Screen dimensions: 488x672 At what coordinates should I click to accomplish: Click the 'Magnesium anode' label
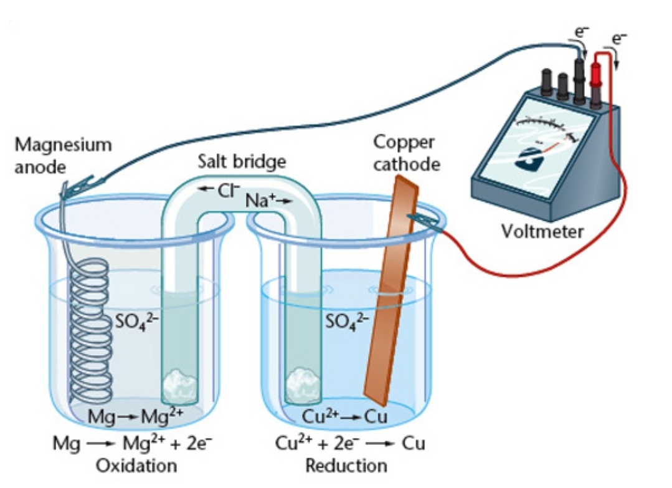click(64, 155)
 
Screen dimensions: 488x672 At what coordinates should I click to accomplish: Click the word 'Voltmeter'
click(543, 232)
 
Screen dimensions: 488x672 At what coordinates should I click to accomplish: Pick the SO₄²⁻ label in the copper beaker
click(348, 322)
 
